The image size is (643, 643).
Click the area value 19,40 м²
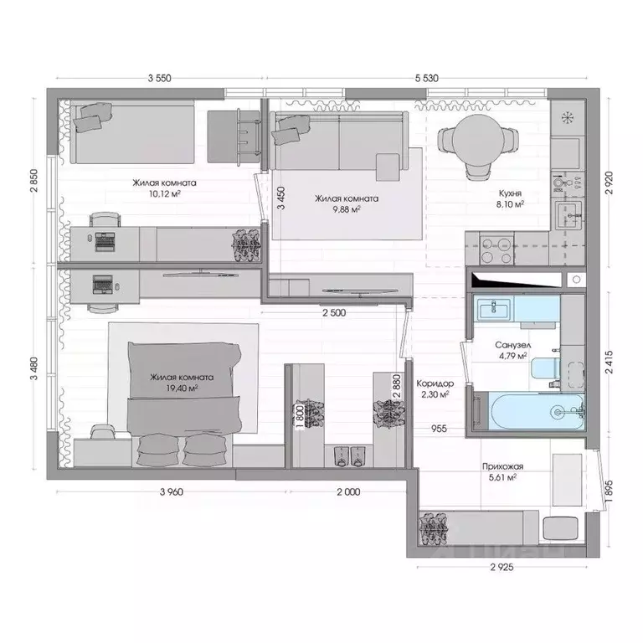click(x=181, y=388)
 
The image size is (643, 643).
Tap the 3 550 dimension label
click(x=159, y=78)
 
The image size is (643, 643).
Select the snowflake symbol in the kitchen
click(x=568, y=117)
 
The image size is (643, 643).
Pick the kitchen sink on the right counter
click(x=572, y=215)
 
